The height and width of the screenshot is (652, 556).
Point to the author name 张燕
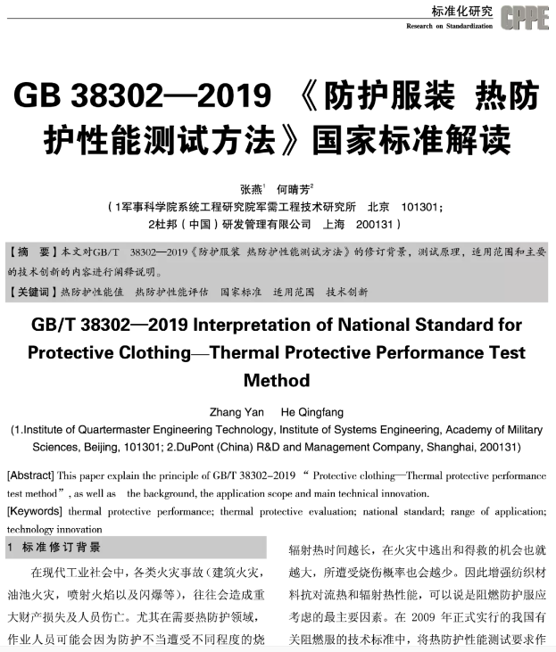(251, 189)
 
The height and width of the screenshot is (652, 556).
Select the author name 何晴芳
(294, 189)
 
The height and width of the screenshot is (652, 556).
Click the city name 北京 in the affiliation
(379, 207)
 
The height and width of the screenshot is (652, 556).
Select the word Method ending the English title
(278, 380)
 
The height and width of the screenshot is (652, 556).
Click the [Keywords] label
(35, 511)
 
